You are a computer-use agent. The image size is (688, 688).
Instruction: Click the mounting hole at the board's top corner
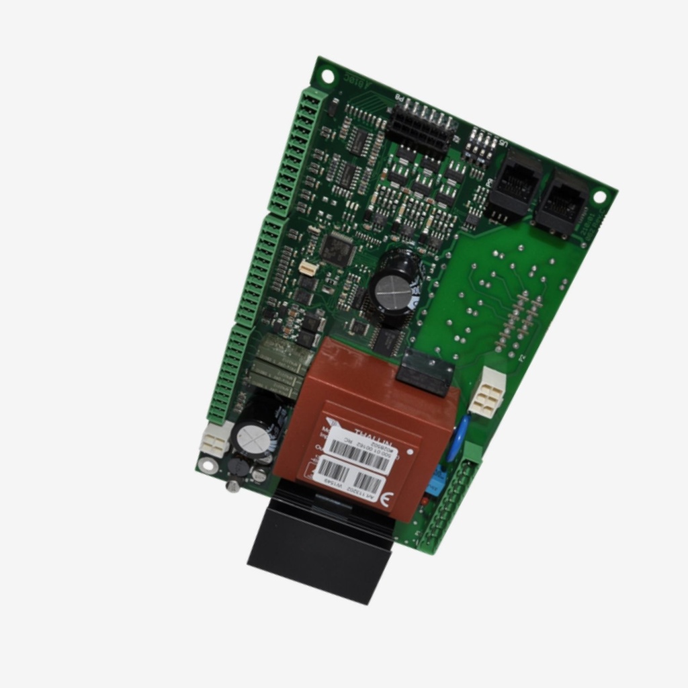328,76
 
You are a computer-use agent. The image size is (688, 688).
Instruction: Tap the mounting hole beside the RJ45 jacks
599,197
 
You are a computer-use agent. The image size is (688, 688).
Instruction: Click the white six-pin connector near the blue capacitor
487,392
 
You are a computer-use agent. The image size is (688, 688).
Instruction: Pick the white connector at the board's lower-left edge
215,441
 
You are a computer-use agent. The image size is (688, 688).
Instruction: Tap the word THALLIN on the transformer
370,435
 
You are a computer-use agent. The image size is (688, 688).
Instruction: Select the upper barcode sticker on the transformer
360,453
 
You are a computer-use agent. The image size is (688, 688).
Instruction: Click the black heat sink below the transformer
321,544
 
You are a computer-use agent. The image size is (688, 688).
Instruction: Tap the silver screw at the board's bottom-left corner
233,484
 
